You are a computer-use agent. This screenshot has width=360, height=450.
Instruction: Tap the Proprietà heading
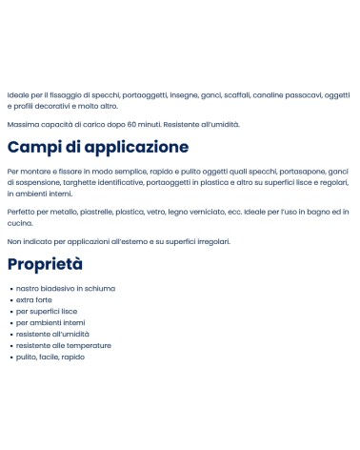point(45,264)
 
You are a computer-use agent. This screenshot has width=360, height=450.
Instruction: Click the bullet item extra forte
point(34,299)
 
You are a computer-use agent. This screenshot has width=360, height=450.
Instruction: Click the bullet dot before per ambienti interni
point(10,322)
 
